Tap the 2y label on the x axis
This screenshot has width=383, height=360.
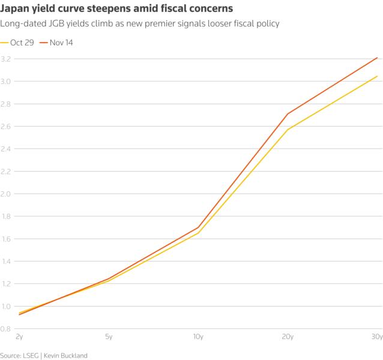click(x=19, y=337)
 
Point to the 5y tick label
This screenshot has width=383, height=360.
click(x=109, y=337)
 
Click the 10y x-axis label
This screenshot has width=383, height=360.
click(x=198, y=337)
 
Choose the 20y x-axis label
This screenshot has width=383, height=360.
click(x=288, y=337)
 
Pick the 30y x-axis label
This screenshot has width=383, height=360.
click(x=376, y=337)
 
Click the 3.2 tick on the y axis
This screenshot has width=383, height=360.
click(x=6, y=59)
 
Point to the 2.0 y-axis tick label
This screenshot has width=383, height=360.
click(x=6, y=194)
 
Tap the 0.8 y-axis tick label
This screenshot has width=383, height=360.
click(x=6, y=329)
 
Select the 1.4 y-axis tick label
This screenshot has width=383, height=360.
click(x=6, y=261)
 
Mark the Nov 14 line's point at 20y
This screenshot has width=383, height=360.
click(x=288, y=114)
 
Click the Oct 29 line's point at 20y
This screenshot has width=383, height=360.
click(x=288, y=130)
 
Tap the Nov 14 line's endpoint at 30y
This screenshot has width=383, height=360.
click(x=377, y=58)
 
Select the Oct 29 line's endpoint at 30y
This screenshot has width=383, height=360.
click(x=377, y=76)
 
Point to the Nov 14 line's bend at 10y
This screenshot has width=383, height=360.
click(x=198, y=227)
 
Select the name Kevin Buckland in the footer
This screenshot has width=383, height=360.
click(x=68, y=355)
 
